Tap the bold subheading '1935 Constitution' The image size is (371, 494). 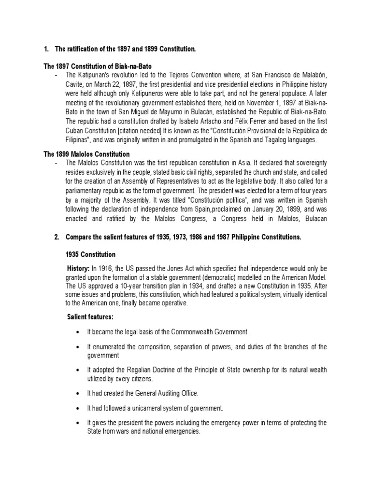click(x=91, y=254)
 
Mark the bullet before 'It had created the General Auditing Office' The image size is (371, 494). click(x=78, y=395)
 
